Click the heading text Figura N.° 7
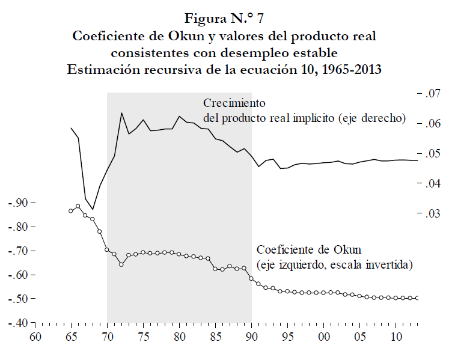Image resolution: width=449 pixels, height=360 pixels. point(224,17)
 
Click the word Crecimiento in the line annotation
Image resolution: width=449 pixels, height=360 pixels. point(234,103)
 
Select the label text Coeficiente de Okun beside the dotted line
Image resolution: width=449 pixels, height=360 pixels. point(311,249)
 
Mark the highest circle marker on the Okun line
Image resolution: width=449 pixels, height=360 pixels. point(78,206)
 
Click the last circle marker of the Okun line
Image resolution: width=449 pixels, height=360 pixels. point(418,298)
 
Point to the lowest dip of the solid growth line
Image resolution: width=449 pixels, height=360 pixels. point(93,209)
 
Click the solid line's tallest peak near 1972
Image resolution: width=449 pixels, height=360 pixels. point(121,113)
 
